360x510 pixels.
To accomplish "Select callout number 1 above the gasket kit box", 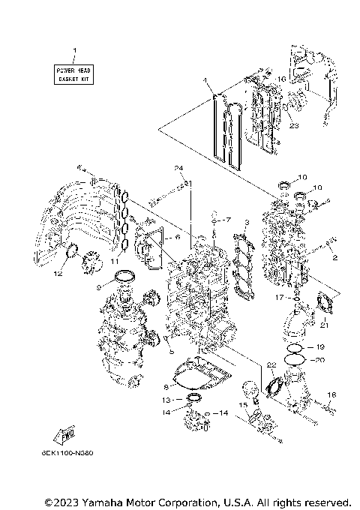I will click(x=73, y=51).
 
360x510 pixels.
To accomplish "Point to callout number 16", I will click(x=283, y=78).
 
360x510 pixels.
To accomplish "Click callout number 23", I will click(x=294, y=125).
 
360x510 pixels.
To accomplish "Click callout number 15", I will click(x=241, y=406).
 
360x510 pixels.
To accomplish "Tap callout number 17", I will click(x=298, y=297).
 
